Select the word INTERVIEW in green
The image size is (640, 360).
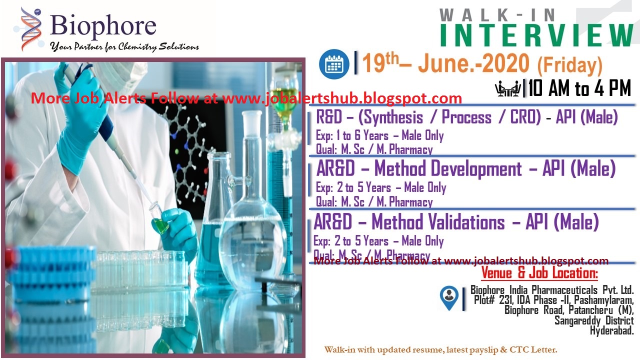tap(536, 35)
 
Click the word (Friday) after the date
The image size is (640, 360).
tap(569, 65)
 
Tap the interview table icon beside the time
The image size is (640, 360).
tap(507, 89)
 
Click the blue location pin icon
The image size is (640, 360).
tap(449, 297)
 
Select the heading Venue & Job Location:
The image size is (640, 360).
tap(539, 273)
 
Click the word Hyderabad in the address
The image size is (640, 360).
tap(611, 330)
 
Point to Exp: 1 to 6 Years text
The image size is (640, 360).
tap(353, 135)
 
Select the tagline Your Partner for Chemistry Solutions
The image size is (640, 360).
tap(124, 47)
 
